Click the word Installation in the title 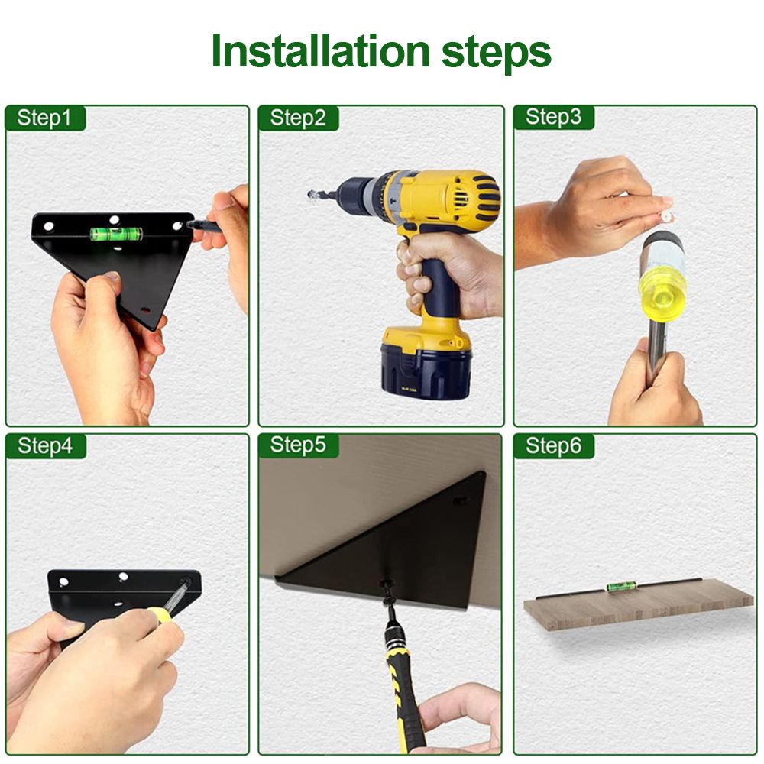tap(321, 51)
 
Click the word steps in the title tap(496, 54)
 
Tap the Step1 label tap(44, 118)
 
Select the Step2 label tap(298, 118)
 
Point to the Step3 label tap(553, 117)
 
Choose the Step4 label tap(45, 446)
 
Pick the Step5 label tap(298, 445)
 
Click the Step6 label tap(553, 445)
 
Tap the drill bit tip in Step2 tap(312, 196)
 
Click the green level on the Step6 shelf tap(615, 587)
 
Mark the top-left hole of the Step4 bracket tap(63, 581)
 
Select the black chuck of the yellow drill tap(354, 193)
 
